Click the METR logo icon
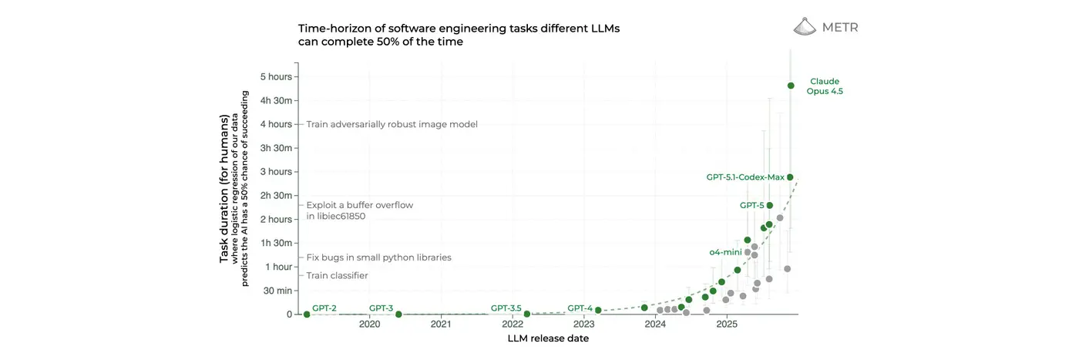[x=805, y=26]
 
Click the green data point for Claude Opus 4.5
[x=791, y=86]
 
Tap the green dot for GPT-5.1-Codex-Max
[x=790, y=177]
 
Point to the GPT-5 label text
[x=751, y=206]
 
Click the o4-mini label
[x=725, y=252]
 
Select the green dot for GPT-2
[x=307, y=315]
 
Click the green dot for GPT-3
[x=398, y=315]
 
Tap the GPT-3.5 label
[x=506, y=308]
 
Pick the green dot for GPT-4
[x=598, y=311]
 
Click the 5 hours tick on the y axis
[x=276, y=76]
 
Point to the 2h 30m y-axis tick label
[x=276, y=196]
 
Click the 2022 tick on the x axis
[x=513, y=325]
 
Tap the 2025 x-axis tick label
[x=727, y=325]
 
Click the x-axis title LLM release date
[x=548, y=339]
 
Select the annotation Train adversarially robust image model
[x=392, y=124]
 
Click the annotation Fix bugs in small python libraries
[x=378, y=257]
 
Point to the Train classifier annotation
[x=337, y=275]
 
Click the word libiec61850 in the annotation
[x=335, y=217]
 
